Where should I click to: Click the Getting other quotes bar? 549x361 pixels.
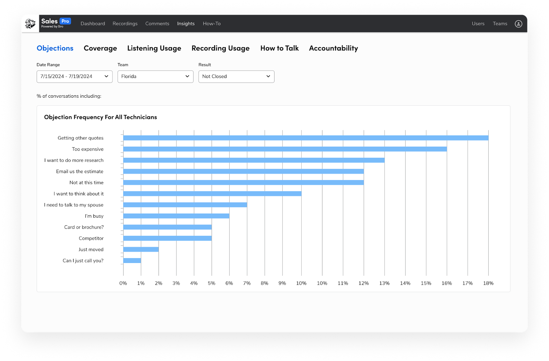tap(305, 138)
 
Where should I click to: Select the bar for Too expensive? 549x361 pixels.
tap(285, 149)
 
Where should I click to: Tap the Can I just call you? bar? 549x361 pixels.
tap(132, 261)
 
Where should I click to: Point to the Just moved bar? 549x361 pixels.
tap(141, 249)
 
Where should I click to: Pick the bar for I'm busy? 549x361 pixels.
tap(176, 216)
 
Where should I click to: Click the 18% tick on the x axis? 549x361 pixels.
tap(488, 283)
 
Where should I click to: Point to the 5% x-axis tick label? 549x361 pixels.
tap(211, 283)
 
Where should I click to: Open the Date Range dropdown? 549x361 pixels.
tap(74, 76)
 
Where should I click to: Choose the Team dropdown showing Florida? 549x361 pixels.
tap(155, 76)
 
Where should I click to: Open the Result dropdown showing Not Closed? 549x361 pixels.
tap(236, 76)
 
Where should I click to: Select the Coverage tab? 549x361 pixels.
tap(100, 48)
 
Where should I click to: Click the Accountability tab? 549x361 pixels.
tap(333, 48)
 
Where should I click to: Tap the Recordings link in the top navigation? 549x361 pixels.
tap(125, 24)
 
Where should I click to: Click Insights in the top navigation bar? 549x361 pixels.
tap(186, 24)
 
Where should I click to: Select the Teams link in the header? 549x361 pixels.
tap(500, 24)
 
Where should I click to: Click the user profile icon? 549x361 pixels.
tap(518, 24)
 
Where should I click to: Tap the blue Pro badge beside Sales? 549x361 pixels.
tap(65, 21)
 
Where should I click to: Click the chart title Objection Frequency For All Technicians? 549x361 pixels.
tap(101, 117)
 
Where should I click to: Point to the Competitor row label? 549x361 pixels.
tap(91, 238)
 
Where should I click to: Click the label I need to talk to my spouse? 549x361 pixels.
tap(74, 205)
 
